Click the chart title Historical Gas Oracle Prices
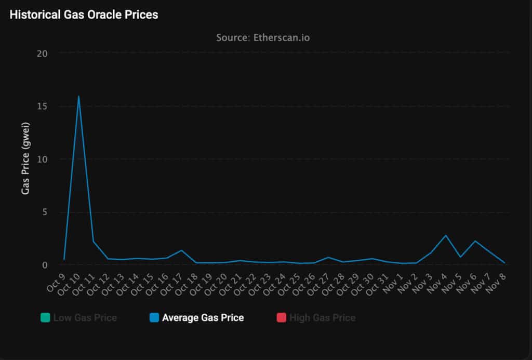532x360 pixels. (84, 15)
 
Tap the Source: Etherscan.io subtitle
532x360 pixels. (266, 37)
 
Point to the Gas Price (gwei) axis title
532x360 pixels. (25, 158)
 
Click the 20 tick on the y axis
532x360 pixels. (42, 54)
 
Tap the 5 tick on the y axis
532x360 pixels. (45, 212)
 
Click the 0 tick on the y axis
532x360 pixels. (45, 265)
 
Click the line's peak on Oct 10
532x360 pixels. (78, 96)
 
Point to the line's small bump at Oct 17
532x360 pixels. (181, 250)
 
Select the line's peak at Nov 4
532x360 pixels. (445, 235)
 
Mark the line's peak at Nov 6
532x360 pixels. (475, 241)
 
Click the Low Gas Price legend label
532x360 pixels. (85, 317)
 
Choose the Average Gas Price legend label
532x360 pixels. (203, 317)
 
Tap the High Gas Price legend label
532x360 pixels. (322, 317)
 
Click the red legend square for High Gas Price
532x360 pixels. (281, 317)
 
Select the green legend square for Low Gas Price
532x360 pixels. (45, 317)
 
